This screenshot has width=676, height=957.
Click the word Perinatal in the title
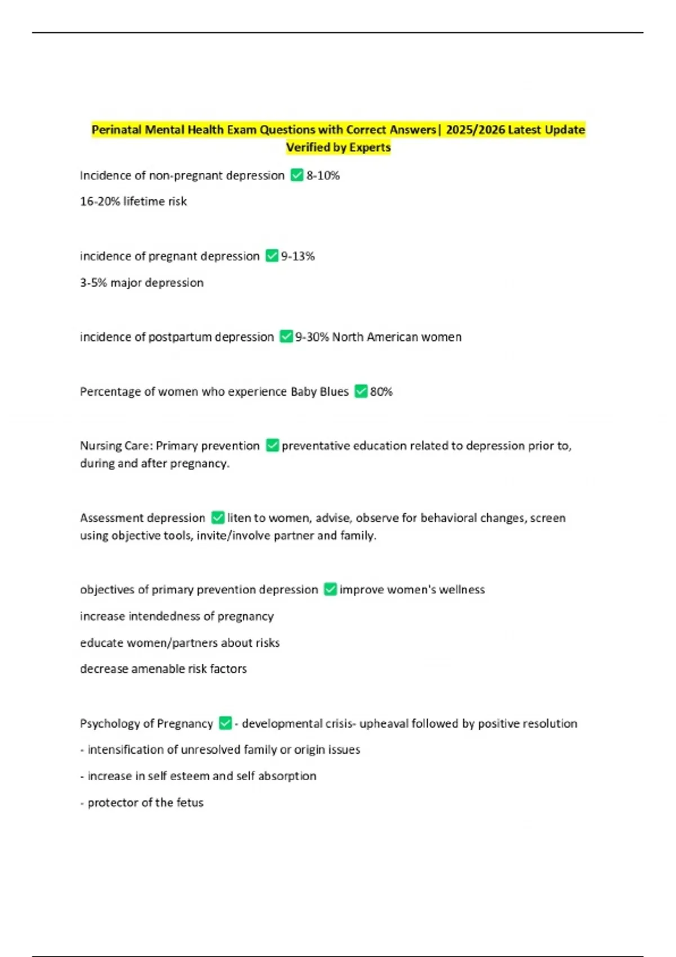click(117, 130)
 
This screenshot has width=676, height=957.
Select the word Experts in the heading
click(370, 147)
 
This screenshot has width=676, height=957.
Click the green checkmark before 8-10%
click(297, 176)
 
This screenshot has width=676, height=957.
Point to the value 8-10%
click(323, 176)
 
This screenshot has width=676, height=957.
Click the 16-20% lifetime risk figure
click(133, 202)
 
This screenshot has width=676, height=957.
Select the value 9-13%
click(298, 256)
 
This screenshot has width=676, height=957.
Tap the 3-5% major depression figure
click(141, 283)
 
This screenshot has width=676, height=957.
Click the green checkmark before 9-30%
click(286, 337)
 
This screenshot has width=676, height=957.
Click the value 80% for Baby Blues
click(381, 391)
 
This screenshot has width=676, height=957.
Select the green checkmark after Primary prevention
click(272, 446)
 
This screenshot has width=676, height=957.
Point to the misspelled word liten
click(239, 518)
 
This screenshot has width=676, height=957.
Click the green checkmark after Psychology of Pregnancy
click(225, 723)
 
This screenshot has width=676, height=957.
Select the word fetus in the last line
click(190, 803)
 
